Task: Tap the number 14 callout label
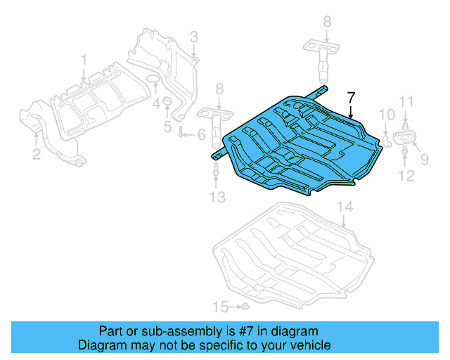point(343,207)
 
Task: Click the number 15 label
point(221,307)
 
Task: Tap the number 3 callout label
point(193,36)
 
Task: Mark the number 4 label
point(156,104)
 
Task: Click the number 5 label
point(167,127)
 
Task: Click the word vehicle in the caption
point(308,346)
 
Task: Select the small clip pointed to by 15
point(243,307)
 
